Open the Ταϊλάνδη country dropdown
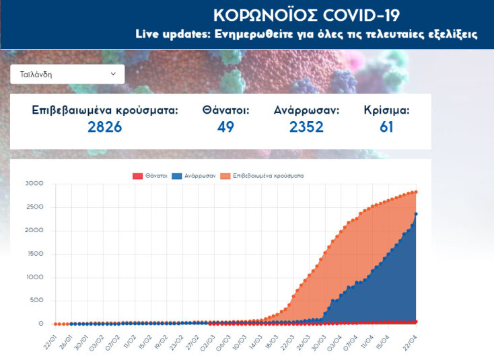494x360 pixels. [x=67, y=74]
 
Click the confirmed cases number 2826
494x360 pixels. [x=105, y=127]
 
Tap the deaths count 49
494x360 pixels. [x=225, y=127]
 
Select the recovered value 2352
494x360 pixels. [x=306, y=127]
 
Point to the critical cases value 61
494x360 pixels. [x=386, y=127]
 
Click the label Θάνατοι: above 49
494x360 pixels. [x=225, y=110]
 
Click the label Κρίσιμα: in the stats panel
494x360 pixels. [x=386, y=110]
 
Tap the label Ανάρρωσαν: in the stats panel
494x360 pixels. [x=306, y=110]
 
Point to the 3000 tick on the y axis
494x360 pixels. [x=34, y=184]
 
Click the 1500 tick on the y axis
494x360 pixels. [x=34, y=254]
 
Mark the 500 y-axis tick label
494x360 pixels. [x=36, y=301]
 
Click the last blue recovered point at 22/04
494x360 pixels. [x=416, y=214]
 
